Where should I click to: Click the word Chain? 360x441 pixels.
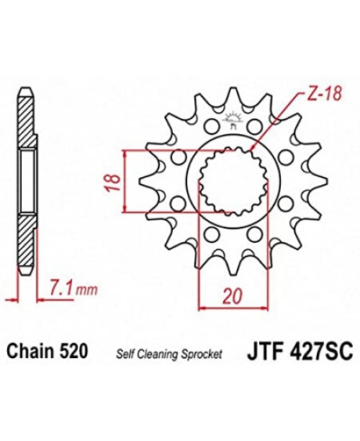pos(27,352)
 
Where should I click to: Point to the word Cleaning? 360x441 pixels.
pos(157,354)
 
